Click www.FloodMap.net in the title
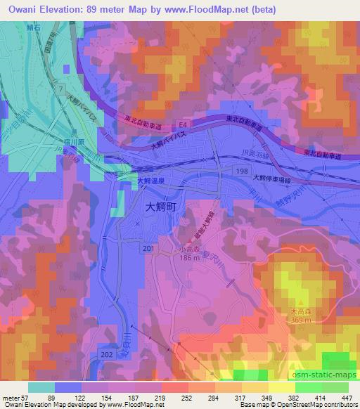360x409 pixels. coord(185,10)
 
